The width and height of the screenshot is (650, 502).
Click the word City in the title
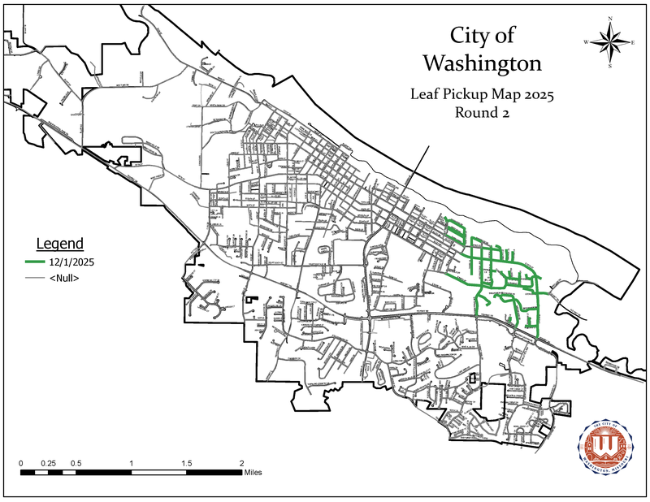click(x=470, y=36)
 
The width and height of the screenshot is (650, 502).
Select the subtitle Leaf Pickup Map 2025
click(x=483, y=95)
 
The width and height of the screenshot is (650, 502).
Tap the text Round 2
click(x=482, y=114)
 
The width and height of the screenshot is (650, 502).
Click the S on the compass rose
click(x=609, y=67)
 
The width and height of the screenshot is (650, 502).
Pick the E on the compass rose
click(x=633, y=41)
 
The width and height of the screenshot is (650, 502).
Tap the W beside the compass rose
click(x=585, y=41)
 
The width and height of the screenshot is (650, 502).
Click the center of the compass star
click(x=609, y=41)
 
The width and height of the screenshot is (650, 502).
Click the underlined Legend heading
click(x=60, y=244)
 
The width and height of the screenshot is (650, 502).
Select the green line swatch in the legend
click(x=36, y=262)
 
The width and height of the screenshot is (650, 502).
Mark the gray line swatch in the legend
click(x=36, y=279)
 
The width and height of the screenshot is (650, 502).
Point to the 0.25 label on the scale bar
click(x=48, y=463)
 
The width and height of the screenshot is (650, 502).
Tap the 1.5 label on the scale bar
click(x=186, y=463)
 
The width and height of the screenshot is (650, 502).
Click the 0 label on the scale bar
click(x=21, y=463)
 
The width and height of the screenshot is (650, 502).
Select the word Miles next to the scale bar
click(x=253, y=472)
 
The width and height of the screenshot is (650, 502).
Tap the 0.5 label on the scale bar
click(x=76, y=463)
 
